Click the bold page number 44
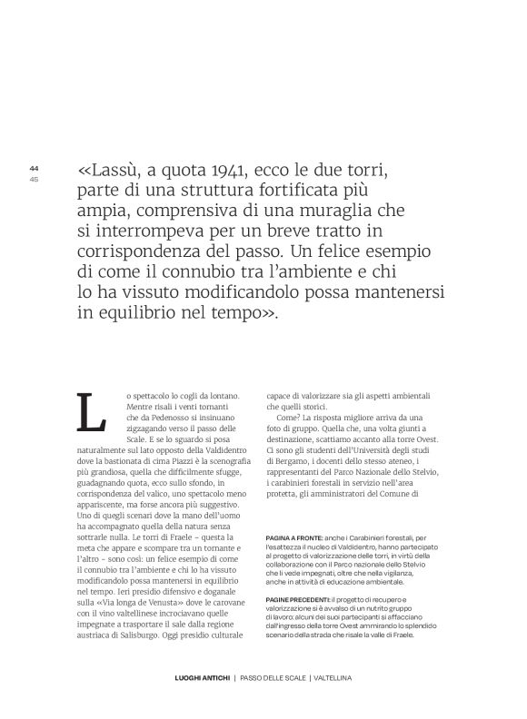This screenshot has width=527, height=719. pyautogui.click(x=35, y=168)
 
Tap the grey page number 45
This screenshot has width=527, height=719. pyautogui.click(x=35, y=178)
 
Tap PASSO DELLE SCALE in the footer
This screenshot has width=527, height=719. pyautogui.click(x=271, y=704)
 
